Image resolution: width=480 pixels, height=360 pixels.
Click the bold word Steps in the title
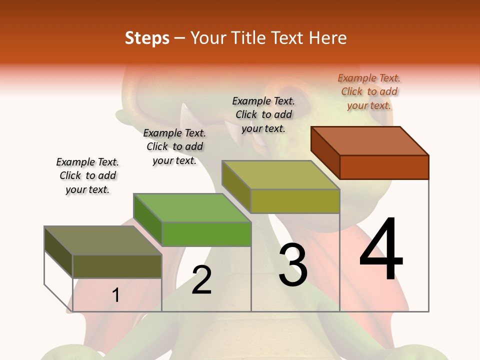click(147, 38)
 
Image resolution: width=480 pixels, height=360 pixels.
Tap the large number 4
click(381, 250)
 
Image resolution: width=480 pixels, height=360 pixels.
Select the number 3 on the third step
click(293, 265)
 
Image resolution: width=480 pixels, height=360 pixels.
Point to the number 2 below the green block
click(201, 280)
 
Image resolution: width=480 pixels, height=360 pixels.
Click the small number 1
click(116, 295)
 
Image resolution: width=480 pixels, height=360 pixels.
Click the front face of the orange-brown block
click(384, 167)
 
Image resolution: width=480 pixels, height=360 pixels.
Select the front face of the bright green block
click(206, 234)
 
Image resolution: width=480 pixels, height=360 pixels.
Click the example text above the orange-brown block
click(369, 91)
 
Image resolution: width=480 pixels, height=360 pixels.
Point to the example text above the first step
click(87, 175)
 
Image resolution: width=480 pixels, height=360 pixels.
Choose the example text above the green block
click(174, 146)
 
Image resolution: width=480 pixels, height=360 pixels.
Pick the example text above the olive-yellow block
click(263, 114)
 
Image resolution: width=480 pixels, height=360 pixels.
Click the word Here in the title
click(327, 38)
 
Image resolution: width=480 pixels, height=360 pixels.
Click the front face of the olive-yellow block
click(295, 201)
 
